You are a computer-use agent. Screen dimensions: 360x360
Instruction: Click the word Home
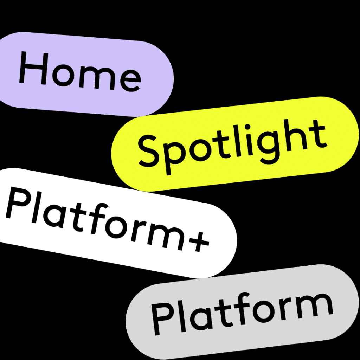pos(79,72)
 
